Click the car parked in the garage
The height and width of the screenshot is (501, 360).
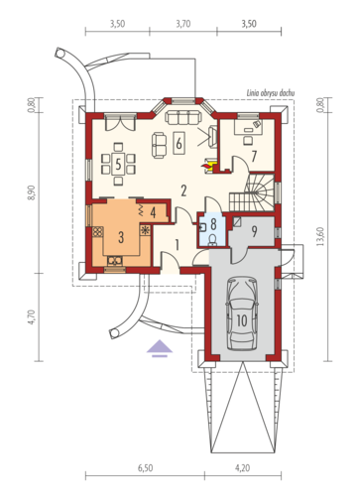(x=242, y=313)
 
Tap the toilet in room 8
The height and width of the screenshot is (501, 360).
(x=212, y=240)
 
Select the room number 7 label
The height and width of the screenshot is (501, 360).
(x=254, y=157)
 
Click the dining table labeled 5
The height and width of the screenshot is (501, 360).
(x=118, y=164)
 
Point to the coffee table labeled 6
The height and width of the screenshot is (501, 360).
(x=179, y=143)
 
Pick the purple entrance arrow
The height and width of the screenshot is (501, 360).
(x=160, y=350)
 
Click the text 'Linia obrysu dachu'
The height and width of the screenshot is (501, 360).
(x=271, y=93)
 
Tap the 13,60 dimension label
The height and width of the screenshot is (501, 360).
(x=320, y=237)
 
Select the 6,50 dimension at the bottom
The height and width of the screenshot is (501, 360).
(x=146, y=468)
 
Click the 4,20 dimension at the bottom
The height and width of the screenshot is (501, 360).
(x=243, y=468)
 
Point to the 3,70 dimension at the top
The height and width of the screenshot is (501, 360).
(x=183, y=24)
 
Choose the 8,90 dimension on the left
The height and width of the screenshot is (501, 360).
(x=32, y=192)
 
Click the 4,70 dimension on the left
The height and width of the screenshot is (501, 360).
(x=32, y=317)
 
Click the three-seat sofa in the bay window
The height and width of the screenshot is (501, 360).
(x=183, y=118)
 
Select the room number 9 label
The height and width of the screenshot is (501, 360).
(x=254, y=231)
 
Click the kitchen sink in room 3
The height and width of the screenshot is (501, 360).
(x=115, y=261)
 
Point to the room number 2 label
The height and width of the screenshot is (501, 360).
(x=183, y=190)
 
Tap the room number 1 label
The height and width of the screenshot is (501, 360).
(x=177, y=245)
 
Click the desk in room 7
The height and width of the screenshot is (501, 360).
(x=249, y=127)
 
